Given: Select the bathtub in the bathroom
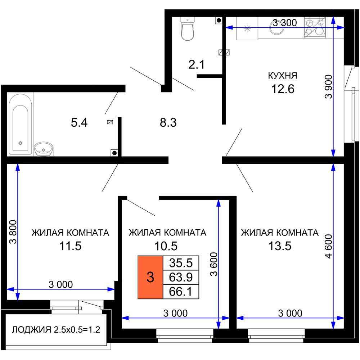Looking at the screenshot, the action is tap(21, 124).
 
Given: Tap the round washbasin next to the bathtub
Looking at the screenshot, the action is tap(44, 149).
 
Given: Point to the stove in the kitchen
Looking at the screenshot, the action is tap(315, 27).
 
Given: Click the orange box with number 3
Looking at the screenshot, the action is tap(150, 277).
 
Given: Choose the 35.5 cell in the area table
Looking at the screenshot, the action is tap(181, 263).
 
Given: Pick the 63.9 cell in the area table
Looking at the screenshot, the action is tap(181, 277).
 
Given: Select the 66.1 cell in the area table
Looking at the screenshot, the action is tap(181, 292).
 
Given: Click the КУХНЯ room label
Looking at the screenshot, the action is tap(283, 76).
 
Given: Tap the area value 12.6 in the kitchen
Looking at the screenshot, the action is tap(283, 89).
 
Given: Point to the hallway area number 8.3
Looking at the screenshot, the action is tap(168, 123).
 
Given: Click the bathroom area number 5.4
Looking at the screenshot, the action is tap(79, 123).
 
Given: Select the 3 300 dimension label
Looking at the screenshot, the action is tap(285, 23).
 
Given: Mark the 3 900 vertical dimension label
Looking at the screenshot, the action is tap(329, 86).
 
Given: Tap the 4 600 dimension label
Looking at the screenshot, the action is tap(329, 246).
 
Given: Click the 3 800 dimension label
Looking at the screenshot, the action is tap(13, 231).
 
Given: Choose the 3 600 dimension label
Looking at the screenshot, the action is tap(214, 264).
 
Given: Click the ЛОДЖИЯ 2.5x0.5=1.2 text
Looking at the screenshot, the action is tap(56, 330).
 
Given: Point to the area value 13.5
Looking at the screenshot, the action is tap(280, 246).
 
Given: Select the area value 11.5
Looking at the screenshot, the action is tap(71, 246).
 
